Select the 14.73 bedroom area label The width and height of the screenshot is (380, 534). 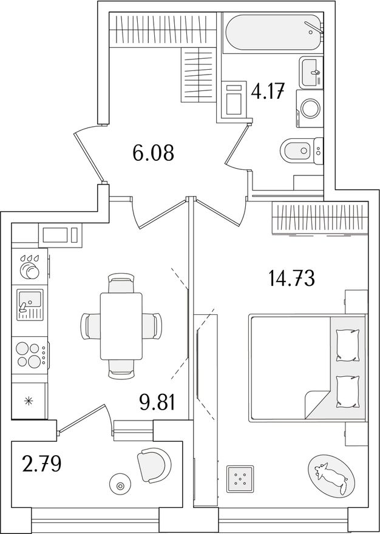(291, 279)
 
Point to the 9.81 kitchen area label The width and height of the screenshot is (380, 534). (157, 402)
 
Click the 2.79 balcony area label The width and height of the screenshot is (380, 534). (41, 465)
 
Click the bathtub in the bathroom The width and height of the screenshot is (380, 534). (273, 33)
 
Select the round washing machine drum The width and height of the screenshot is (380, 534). (310, 108)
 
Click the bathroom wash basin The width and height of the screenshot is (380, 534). (311, 72)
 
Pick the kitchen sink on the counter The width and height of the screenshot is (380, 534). (30, 304)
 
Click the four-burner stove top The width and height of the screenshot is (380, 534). (30, 354)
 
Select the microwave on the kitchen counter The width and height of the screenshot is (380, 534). (60, 235)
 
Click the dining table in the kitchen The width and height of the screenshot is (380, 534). (121, 326)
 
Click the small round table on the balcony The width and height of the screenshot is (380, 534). (120, 486)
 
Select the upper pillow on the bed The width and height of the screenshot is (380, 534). (348, 346)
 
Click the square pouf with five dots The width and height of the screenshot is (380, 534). (240, 479)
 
